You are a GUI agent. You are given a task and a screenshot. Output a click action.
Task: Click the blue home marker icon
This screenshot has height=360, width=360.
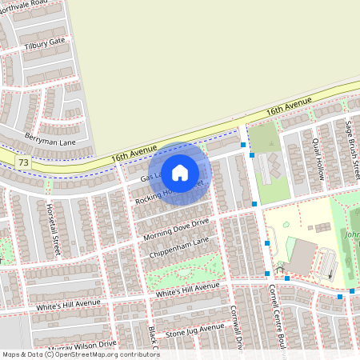pyautogui.click(x=180, y=172)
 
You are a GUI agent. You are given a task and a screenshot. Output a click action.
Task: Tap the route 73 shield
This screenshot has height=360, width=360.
pyautogui.click(x=22, y=162)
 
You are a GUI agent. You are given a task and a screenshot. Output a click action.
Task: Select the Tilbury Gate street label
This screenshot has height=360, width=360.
pyautogui.click(x=45, y=42)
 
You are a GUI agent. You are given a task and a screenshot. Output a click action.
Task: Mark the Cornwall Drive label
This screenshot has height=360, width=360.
pyautogui.click(x=236, y=326)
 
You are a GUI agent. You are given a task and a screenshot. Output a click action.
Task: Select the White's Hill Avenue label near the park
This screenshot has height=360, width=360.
pyautogui.click(x=187, y=290)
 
